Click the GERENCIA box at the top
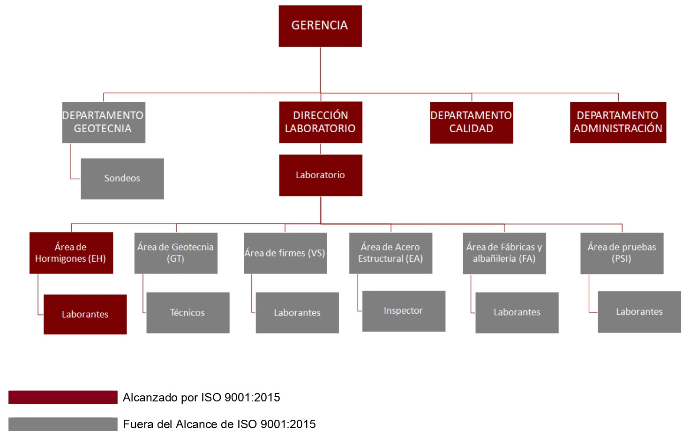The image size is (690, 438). (x=320, y=26)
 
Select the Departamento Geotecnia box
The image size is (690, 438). (x=104, y=122)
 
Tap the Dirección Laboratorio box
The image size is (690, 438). (x=321, y=122)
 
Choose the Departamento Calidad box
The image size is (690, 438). (x=472, y=122)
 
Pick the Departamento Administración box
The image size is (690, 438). (x=618, y=122)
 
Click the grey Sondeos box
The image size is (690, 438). (x=122, y=179)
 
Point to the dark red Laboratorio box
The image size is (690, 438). (x=321, y=175)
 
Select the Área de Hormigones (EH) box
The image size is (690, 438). (x=71, y=253)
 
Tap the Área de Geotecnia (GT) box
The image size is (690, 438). (x=176, y=253)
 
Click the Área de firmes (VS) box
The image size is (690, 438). (x=285, y=253)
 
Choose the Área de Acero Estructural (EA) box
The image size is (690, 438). (x=390, y=253)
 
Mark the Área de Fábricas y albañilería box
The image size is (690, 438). (x=504, y=253)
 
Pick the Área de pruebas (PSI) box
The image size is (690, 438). (x=622, y=253)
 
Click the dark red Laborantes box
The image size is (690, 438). (x=85, y=314)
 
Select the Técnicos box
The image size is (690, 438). (x=188, y=313)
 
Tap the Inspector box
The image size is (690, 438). (x=404, y=311)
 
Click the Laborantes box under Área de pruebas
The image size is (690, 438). (x=639, y=312)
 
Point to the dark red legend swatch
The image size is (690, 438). (x=63, y=397)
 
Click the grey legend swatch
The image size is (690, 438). (x=63, y=424)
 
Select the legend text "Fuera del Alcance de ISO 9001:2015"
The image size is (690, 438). (x=219, y=424)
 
